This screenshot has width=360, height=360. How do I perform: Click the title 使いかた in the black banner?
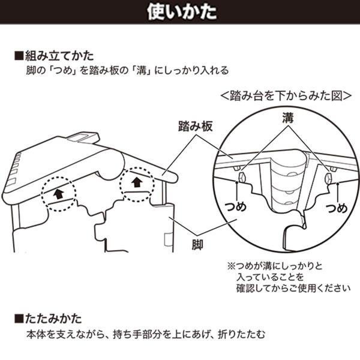182,12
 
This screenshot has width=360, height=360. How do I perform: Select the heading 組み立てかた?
59,56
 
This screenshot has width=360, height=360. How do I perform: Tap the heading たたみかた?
53,319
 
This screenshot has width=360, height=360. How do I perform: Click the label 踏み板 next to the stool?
196,127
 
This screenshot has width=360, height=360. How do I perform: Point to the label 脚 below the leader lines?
197,245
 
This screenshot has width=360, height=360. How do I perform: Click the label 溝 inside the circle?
288,118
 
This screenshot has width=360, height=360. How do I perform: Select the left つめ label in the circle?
236,206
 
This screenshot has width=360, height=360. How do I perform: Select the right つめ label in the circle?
337,208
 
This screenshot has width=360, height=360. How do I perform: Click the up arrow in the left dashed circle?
59,194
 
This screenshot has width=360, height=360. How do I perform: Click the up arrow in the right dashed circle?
137,182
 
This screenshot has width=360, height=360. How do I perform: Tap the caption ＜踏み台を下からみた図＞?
286,96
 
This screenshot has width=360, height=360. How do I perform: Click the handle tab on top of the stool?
83,137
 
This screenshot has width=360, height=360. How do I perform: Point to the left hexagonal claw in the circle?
242,176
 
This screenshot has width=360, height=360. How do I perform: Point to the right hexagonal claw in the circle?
328,178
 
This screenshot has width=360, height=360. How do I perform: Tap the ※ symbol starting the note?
231,266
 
